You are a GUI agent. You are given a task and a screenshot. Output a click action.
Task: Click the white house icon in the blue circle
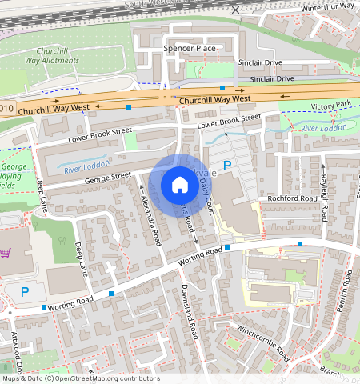pos(180,186)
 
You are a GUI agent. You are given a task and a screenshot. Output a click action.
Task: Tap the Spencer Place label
pos(190,49)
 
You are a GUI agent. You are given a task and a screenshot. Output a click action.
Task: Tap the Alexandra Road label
pos(151,221)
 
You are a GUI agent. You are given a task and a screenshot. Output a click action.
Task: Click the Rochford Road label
pos(294,198)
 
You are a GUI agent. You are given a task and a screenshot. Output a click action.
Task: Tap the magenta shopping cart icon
pos(6,254)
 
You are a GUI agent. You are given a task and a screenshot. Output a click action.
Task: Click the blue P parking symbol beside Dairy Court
pos(226,166)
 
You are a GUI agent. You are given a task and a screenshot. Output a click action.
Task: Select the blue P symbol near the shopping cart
pos(24,292)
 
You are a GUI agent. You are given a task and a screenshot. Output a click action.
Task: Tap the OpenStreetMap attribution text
pos(80,378)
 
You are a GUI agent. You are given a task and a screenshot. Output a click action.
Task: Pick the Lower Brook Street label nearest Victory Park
pos(229,122)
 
